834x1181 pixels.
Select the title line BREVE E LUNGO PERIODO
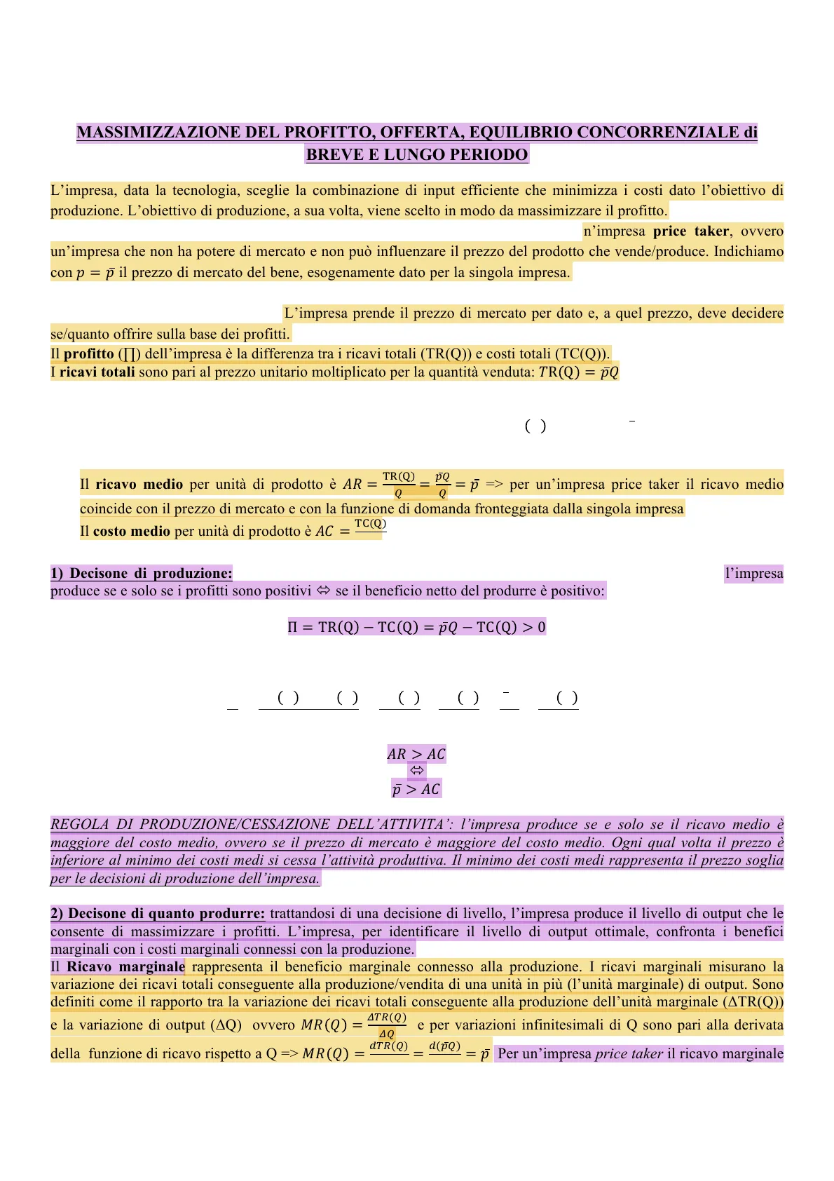click(417, 155)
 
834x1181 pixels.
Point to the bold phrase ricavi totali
click(97, 372)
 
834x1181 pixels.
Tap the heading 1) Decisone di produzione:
click(141, 574)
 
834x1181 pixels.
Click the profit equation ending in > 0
click(417, 627)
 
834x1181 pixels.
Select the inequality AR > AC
click(416, 755)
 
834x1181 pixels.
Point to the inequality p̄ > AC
click(416, 790)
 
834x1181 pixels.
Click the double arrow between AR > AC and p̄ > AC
click(417, 771)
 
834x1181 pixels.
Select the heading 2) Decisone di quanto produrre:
click(158, 914)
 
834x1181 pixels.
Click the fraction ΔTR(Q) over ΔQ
click(387, 1025)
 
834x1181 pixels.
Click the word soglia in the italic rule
click(762, 861)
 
